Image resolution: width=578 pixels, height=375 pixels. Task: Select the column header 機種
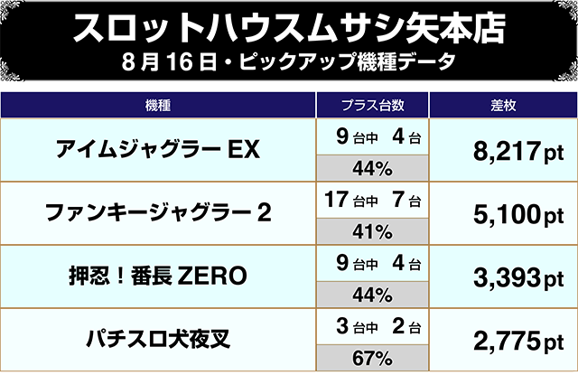click(158, 104)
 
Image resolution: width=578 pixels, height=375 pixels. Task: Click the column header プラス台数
click(370, 104)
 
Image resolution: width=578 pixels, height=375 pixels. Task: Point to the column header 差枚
click(501, 104)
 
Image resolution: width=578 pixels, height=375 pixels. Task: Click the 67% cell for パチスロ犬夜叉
click(370, 357)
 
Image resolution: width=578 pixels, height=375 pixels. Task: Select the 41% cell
click(370, 230)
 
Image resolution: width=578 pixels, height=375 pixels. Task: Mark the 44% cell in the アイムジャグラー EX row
click(370, 167)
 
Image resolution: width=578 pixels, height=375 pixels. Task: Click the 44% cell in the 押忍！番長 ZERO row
click(370, 294)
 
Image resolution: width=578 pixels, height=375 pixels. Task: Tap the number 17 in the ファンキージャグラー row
click(335, 197)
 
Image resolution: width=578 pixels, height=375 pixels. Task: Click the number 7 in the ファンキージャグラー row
click(397, 197)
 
